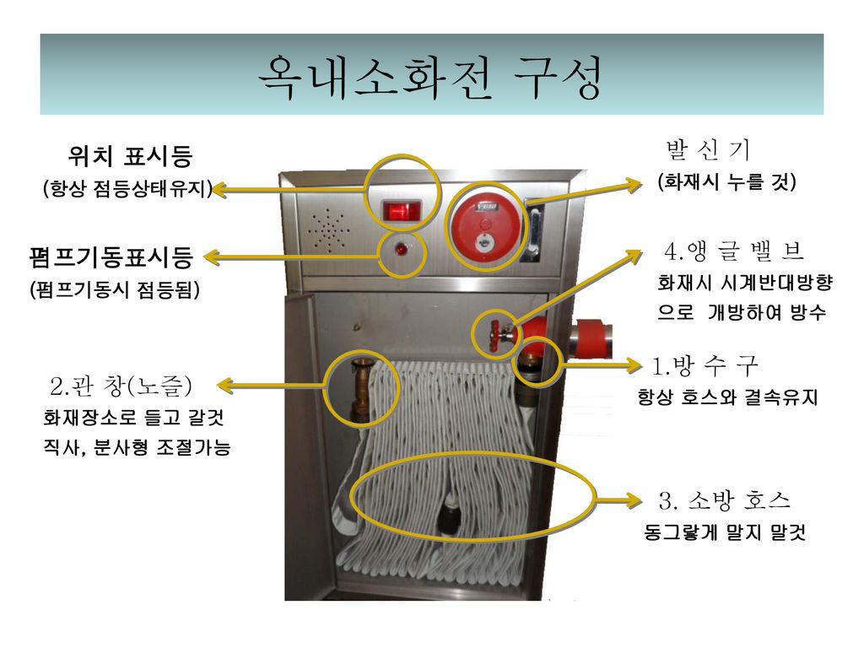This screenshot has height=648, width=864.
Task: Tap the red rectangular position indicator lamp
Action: [402, 210]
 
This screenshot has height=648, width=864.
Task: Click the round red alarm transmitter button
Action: [483, 224]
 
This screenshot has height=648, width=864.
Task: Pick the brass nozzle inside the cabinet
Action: [362, 388]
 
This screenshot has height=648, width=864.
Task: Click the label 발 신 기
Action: [707, 150]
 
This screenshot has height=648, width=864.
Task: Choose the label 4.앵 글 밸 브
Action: [732, 251]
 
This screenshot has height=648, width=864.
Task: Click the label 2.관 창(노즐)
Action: [121, 387]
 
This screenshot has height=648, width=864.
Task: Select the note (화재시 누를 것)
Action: [727, 182]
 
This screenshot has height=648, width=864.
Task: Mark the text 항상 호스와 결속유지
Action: [727, 397]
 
